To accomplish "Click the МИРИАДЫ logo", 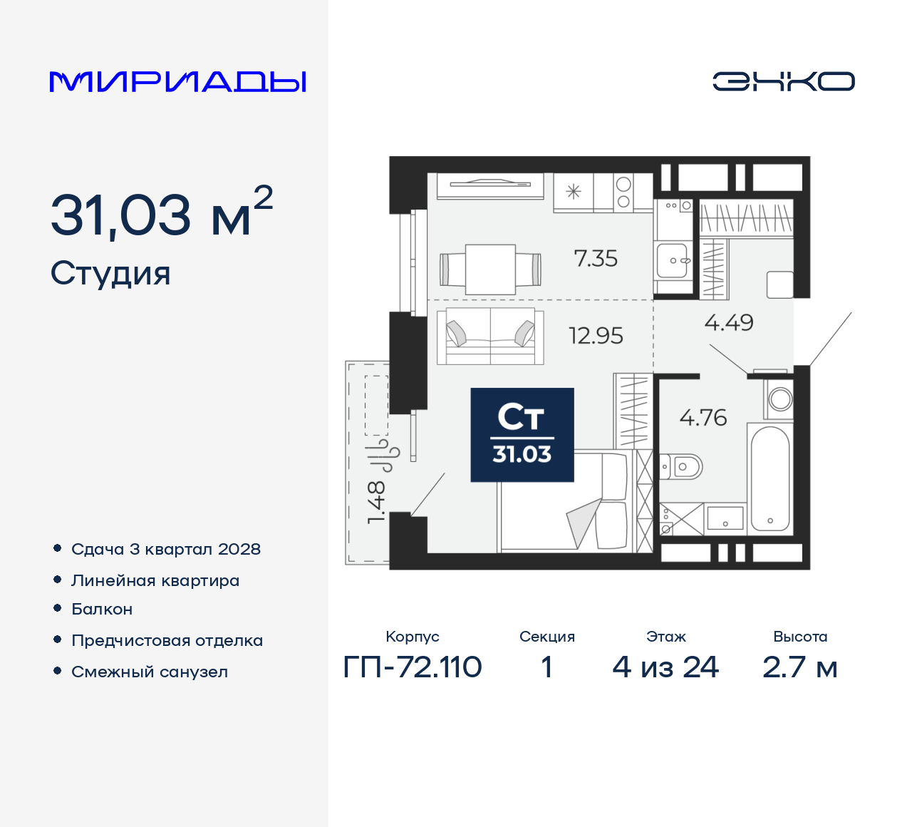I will [178, 81].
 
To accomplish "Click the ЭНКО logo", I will [783, 81].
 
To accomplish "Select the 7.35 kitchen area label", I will [596, 258].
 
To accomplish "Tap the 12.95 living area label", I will [596, 335].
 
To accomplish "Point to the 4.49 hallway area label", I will [729, 322].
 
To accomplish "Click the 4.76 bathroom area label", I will [703, 417].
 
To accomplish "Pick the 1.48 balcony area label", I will [376, 502].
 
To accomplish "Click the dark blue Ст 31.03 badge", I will [522, 435].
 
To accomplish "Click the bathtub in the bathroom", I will [770, 478].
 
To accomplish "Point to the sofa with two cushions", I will [490, 335].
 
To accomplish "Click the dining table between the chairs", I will [490, 269].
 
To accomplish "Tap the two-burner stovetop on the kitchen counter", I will [623, 192].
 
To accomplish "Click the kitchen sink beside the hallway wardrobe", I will [673, 260].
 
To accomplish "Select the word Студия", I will [110, 274].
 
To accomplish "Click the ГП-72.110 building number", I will [413, 667].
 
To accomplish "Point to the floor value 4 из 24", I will [665, 667].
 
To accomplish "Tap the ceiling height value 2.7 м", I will [799, 667].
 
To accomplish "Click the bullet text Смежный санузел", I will [150, 672].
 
